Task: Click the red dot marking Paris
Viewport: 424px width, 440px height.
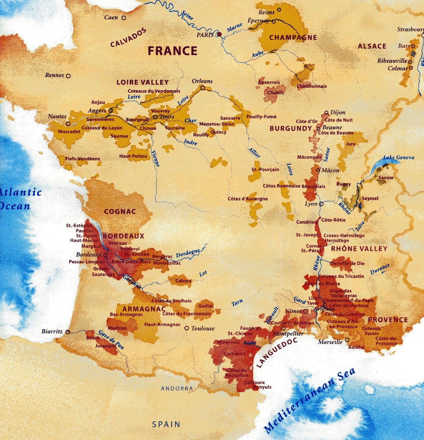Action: pos(219,34)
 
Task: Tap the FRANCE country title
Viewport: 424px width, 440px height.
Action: pos(172,51)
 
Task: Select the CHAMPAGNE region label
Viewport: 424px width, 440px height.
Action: pos(293,38)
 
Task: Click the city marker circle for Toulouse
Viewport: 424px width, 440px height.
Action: pos(187,328)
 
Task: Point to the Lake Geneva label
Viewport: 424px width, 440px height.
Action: pos(398,158)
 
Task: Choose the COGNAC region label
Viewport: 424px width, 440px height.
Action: pos(120,211)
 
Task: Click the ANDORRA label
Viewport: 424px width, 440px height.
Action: pos(177,388)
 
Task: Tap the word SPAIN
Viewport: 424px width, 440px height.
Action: pos(166,424)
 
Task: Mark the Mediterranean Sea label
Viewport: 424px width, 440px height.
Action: pos(309,401)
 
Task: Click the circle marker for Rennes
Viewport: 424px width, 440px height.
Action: pos(68,76)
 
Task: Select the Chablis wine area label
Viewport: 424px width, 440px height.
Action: pos(276,92)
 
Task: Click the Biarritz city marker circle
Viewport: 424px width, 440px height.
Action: pos(68,332)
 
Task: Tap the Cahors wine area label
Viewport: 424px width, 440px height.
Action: pos(183,281)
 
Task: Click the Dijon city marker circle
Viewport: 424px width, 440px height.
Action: pos(326,113)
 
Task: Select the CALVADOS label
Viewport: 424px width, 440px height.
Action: pos(128,38)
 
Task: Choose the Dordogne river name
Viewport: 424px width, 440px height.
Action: pos(188,253)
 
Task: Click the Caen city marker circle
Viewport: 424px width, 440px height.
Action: pos(124,18)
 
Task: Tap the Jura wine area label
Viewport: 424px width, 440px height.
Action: pos(350,144)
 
